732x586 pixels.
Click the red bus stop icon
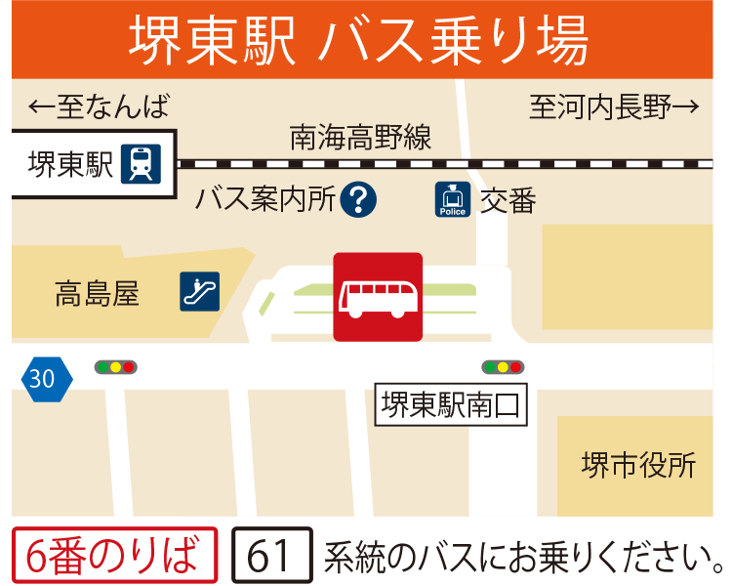coord(378,297)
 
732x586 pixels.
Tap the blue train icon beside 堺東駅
coord(141,164)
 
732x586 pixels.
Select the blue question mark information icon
coord(359,200)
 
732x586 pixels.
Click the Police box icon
coord(453,199)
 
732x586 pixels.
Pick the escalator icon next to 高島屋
coord(200,291)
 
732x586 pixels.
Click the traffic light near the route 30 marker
coord(115,367)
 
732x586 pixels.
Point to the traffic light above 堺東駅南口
coord(503,367)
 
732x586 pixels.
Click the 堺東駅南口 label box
coord(452,405)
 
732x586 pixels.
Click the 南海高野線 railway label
coord(360,138)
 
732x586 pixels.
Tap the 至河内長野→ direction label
coord(614,106)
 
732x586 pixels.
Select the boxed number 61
coord(271,555)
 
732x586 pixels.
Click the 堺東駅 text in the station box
coord(71,164)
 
